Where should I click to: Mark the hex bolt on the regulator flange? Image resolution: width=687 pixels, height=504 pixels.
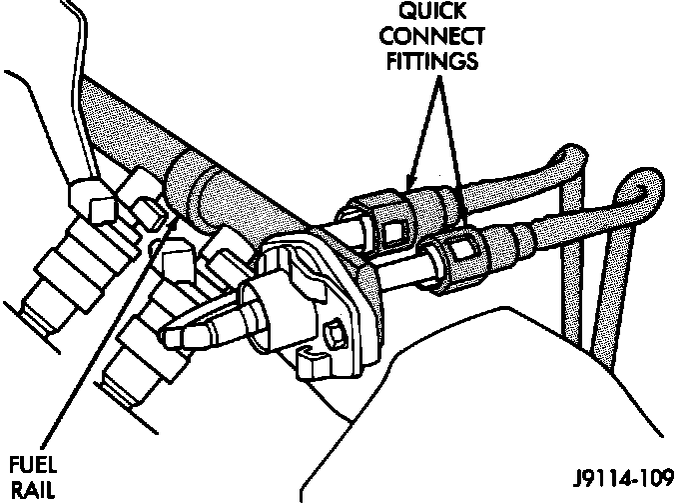pos(335,331)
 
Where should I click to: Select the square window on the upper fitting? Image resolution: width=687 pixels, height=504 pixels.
pos(391,232)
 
